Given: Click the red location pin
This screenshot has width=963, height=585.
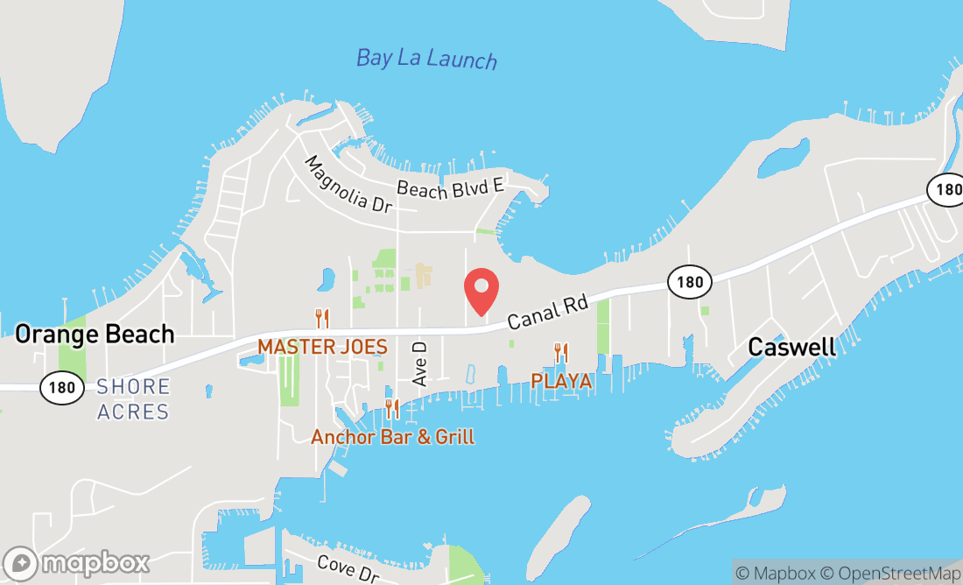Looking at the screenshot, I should coord(481,291).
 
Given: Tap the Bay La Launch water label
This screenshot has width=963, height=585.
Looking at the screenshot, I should coord(426,59).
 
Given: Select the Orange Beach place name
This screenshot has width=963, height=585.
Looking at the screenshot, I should coord(95,334).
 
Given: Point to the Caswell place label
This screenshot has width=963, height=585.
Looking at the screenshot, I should coord(791,347).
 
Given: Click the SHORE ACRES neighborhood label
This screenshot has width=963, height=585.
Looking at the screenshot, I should coord(133,398).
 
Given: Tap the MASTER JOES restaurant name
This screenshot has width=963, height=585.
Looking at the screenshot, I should coord(322,347).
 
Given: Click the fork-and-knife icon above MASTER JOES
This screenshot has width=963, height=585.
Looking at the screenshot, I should coord(322,319).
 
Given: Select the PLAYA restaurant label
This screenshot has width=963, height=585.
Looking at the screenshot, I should coord(561,382).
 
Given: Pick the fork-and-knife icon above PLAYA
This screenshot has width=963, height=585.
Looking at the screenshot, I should coord(561,353).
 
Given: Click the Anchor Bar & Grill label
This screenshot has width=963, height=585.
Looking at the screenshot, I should coord(393,436).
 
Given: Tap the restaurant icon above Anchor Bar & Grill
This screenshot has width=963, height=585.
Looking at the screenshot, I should coord(393,408).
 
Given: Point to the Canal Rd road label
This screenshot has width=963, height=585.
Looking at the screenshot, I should coord(546,312).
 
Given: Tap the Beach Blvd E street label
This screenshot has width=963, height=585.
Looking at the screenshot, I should coord(451,187).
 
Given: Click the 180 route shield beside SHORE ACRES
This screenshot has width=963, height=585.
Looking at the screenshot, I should coord(61,387).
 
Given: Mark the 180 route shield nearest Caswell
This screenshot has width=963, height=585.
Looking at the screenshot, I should coord(689,281).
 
